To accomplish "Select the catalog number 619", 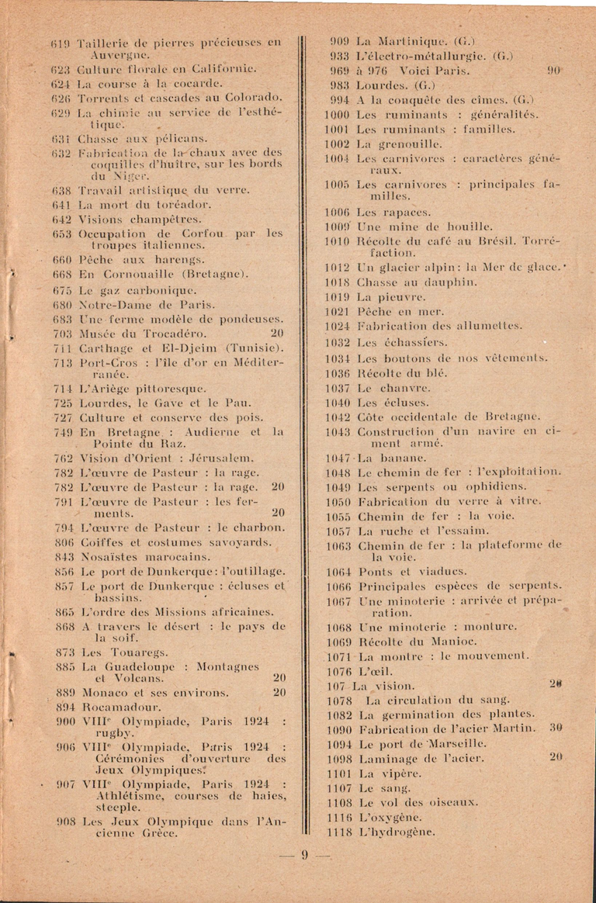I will pyautogui.click(x=62, y=43).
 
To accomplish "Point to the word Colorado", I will pyautogui.click(x=249, y=98).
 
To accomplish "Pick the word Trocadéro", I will pyautogui.click(x=178, y=333).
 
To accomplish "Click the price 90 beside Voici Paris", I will pyautogui.click(x=553, y=70).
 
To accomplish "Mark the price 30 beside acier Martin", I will pyautogui.click(x=555, y=728).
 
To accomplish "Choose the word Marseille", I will pyautogui.click(x=457, y=742).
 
